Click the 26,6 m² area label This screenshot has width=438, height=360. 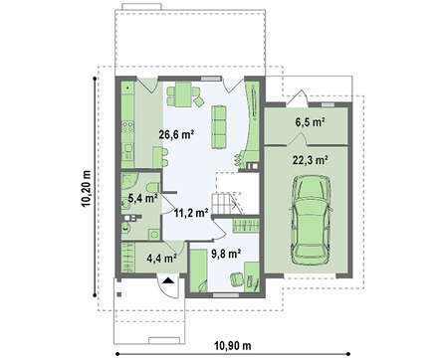click(176, 134)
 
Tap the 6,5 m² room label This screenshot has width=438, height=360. click(310, 122)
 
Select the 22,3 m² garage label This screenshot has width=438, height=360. click(311, 160)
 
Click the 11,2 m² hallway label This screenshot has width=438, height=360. click(191, 213)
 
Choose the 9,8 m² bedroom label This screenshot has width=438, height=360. click(226, 255)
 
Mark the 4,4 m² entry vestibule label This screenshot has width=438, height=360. click(161, 259)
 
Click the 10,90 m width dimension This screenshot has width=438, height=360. click(232, 346)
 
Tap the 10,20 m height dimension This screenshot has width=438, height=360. click(87, 189)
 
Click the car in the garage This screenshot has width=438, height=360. click(311, 220)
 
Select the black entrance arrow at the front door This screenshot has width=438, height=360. click(168, 280)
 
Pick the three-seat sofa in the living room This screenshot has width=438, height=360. click(219, 127)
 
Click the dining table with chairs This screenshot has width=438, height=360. click(183, 94)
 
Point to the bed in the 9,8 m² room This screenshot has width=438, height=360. click(199, 271)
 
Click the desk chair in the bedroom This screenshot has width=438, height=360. click(237, 279)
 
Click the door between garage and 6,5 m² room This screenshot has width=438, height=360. click(297, 139)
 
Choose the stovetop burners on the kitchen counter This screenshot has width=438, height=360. click(128, 127)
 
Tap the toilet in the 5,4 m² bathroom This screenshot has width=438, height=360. click(153, 188)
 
